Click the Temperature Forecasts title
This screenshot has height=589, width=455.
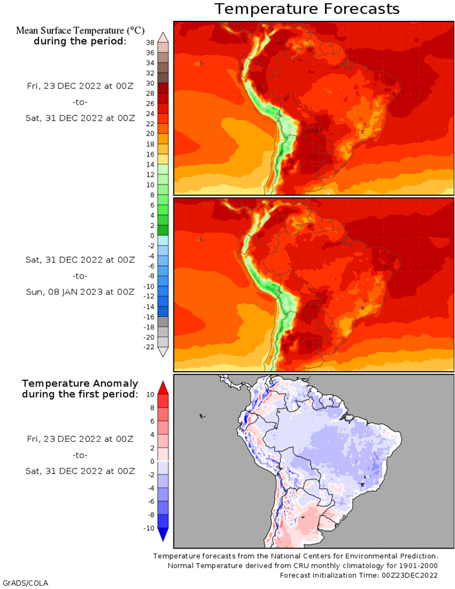(307, 9)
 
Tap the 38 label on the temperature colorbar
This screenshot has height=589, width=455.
(150, 43)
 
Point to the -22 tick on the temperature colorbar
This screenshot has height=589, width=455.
(149, 347)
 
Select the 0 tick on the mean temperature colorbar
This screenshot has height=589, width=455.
(152, 236)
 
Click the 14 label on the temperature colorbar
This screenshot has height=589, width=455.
(150, 165)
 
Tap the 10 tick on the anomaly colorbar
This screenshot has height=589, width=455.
(150, 395)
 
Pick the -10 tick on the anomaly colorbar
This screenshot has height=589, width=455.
(149, 528)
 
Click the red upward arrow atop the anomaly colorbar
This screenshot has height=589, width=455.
(163, 388)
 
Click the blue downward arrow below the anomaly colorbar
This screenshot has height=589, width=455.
(163, 535)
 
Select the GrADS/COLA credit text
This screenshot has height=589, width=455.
(25, 583)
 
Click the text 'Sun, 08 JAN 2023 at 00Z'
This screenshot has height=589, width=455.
(80, 292)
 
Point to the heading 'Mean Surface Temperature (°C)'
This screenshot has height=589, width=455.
(80, 30)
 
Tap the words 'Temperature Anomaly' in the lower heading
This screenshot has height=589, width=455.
(80, 384)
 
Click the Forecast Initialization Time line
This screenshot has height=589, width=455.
(358, 575)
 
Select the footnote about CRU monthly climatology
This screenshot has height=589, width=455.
(302, 566)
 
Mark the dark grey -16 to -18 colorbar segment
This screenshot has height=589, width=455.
(163, 322)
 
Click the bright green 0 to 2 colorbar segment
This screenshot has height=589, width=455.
(163, 230)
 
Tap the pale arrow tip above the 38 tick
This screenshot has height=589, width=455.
(163, 37)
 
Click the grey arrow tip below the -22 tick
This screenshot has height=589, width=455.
(163, 352)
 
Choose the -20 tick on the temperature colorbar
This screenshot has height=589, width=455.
(149, 337)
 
